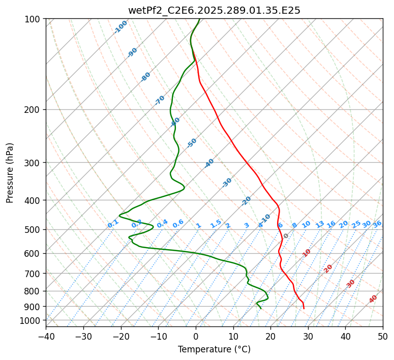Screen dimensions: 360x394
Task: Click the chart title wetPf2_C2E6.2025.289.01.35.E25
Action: (x=214, y=10)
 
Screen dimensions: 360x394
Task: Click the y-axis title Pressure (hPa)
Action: (x=10, y=172)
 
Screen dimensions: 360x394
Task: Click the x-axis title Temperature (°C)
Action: (x=214, y=350)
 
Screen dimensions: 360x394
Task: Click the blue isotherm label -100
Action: (x=121, y=27)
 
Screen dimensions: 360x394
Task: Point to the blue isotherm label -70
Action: (x=160, y=100)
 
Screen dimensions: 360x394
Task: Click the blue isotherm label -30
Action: (x=227, y=182)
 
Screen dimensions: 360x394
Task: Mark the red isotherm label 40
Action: (x=373, y=299)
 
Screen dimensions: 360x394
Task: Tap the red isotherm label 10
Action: (x=307, y=253)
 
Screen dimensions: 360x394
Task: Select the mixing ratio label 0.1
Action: (x=113, y=224)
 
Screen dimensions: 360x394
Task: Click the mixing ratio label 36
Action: (x=377, y=224)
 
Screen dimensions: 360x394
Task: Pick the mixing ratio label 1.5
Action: (x=216, y=224)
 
